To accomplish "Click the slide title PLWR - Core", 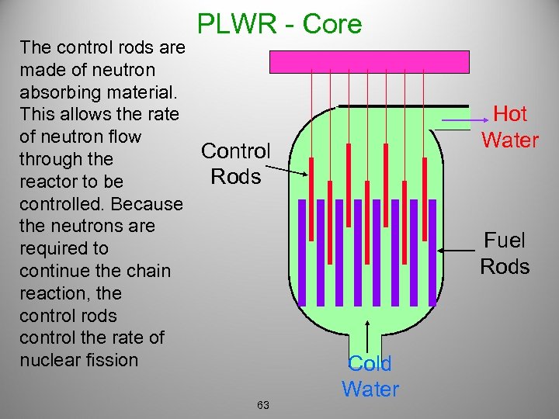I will point(279,24).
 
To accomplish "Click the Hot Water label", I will point(509,126).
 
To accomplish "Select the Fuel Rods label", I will point(504,254).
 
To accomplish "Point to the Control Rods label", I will point(235,163).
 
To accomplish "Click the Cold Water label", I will point(370,376).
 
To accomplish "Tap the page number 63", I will point(263,405).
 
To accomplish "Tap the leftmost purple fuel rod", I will point(302,252).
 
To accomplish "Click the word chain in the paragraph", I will point(149,271).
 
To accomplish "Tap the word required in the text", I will point(53,248).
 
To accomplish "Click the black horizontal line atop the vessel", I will point(404,106).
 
